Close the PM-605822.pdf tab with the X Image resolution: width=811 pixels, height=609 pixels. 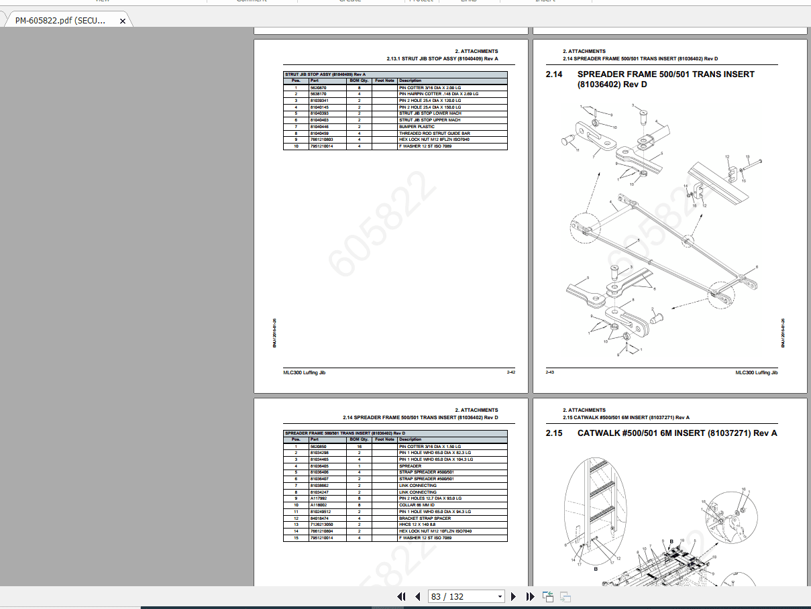[x=123, y=21]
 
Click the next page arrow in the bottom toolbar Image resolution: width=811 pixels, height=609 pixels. [x=513, y=596]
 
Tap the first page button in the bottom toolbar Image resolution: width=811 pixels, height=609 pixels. [x=401, y=596]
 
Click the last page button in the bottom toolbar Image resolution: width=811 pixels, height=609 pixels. [x=530, y=596]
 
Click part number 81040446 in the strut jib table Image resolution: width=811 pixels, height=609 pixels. [x=319, y=127]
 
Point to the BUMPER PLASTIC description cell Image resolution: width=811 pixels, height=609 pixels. [x=417, y=127]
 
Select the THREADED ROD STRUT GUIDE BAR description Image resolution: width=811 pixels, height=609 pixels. [x=434, y=133]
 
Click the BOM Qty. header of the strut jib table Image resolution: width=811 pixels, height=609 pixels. [x=359, y=80]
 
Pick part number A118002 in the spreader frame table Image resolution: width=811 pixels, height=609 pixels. [x=318, y=505]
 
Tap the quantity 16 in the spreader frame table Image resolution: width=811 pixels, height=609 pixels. [x=359, y=446]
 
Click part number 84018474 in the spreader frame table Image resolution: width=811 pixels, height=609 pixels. [x=319, y=518]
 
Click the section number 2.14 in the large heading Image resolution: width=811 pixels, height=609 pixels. [x=554, y=74]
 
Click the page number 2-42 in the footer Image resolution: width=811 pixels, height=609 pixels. [x=510, y=372]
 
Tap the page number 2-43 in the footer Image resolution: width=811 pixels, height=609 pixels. [x=549, y=372]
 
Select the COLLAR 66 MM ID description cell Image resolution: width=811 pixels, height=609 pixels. [x=417, y=505]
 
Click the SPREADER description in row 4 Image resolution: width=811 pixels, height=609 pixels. [x=410, y=465]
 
